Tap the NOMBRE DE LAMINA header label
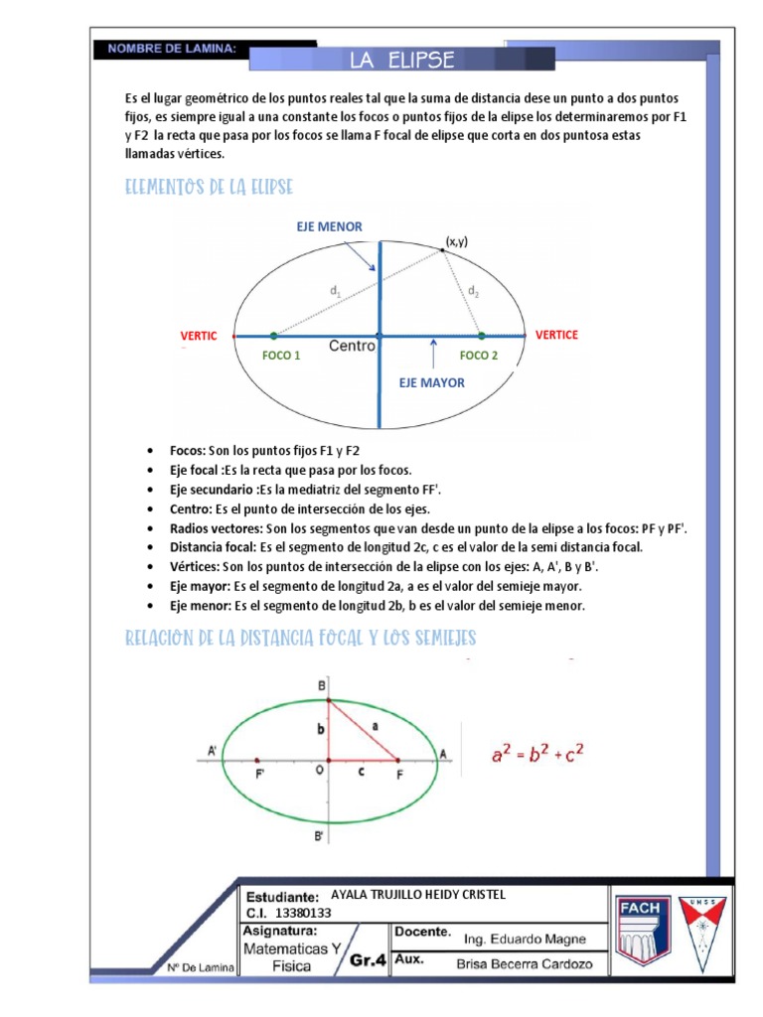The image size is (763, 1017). [x=172, y=48]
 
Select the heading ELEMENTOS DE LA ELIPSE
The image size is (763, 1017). [x=209, y=188]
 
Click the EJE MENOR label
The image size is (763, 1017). [x=329, y=227]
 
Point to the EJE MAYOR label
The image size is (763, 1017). [x=431, y=381]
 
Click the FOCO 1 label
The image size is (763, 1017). [x=281, y=356]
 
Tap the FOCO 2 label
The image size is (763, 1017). [x=479, y=356]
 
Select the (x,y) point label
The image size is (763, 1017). [x=457, y=241]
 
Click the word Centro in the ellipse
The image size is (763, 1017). [x=352, y=346]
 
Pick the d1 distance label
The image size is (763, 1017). [x=335, y=291]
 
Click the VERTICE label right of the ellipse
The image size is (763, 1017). [x=556, y=335]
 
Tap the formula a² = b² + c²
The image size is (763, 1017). [x=537, y=755]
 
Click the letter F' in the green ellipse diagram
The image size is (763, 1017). [x=260, y=773]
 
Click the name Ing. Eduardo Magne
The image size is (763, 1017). [x=525, y=940]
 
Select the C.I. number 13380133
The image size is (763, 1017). [x=303, y=913]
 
